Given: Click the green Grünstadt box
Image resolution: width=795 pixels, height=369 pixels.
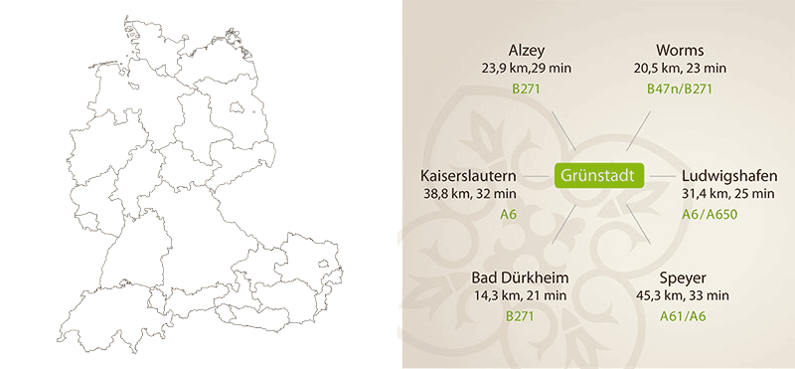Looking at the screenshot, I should (599, 176).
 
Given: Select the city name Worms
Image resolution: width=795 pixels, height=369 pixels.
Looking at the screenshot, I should (680, 50).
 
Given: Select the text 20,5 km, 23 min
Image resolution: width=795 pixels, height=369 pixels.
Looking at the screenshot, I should (681, 69).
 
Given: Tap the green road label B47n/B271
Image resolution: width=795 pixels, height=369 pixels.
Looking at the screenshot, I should (680, 91).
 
